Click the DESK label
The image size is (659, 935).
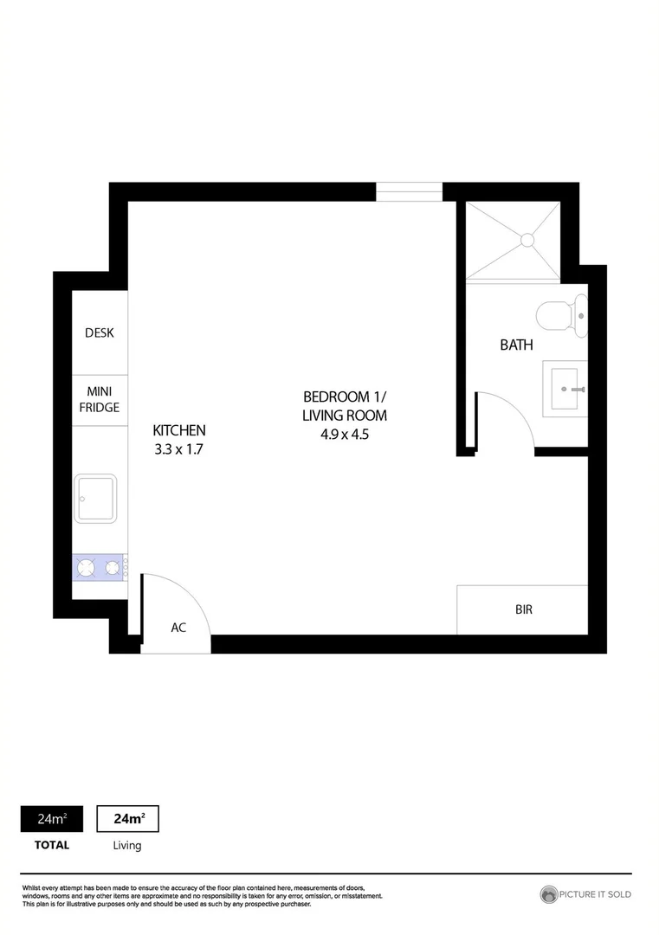click(99, 332)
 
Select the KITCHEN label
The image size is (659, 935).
click(179, 430)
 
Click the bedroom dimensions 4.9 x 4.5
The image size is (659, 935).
click(345, 435)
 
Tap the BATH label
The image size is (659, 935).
click(516, 345)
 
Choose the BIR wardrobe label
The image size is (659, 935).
click(523, 609)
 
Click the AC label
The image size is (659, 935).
click(178, 628)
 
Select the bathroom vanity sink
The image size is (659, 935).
click(566, 389)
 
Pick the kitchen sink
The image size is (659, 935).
click(95, 498)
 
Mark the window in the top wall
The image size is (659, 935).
click(409, 191)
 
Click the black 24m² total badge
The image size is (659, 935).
click(51, 819)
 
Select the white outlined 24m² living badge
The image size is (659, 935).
click(127, 819)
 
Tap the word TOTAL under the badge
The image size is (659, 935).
click(51, 845)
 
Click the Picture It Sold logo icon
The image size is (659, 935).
click(548, 894)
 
